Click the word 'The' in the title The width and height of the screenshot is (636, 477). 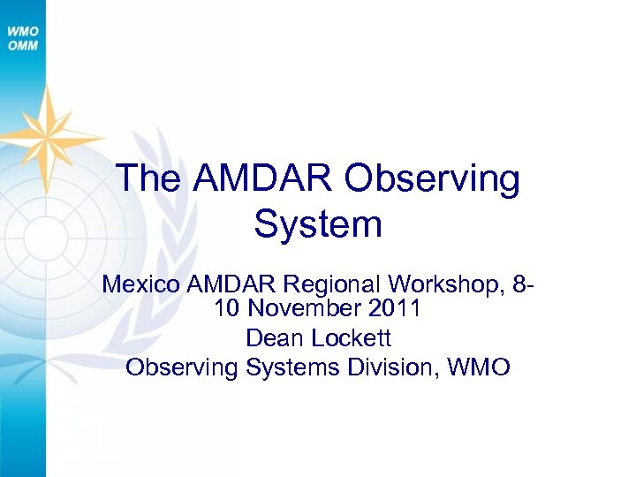click(x=148, y=178)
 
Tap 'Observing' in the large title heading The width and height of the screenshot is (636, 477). click(x=433, y=178)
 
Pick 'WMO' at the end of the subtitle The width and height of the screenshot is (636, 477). click(x=479, y=367)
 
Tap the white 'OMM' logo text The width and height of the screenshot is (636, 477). click(x=23, y=45)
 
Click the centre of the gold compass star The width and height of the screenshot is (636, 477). click(x=49, y=136)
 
